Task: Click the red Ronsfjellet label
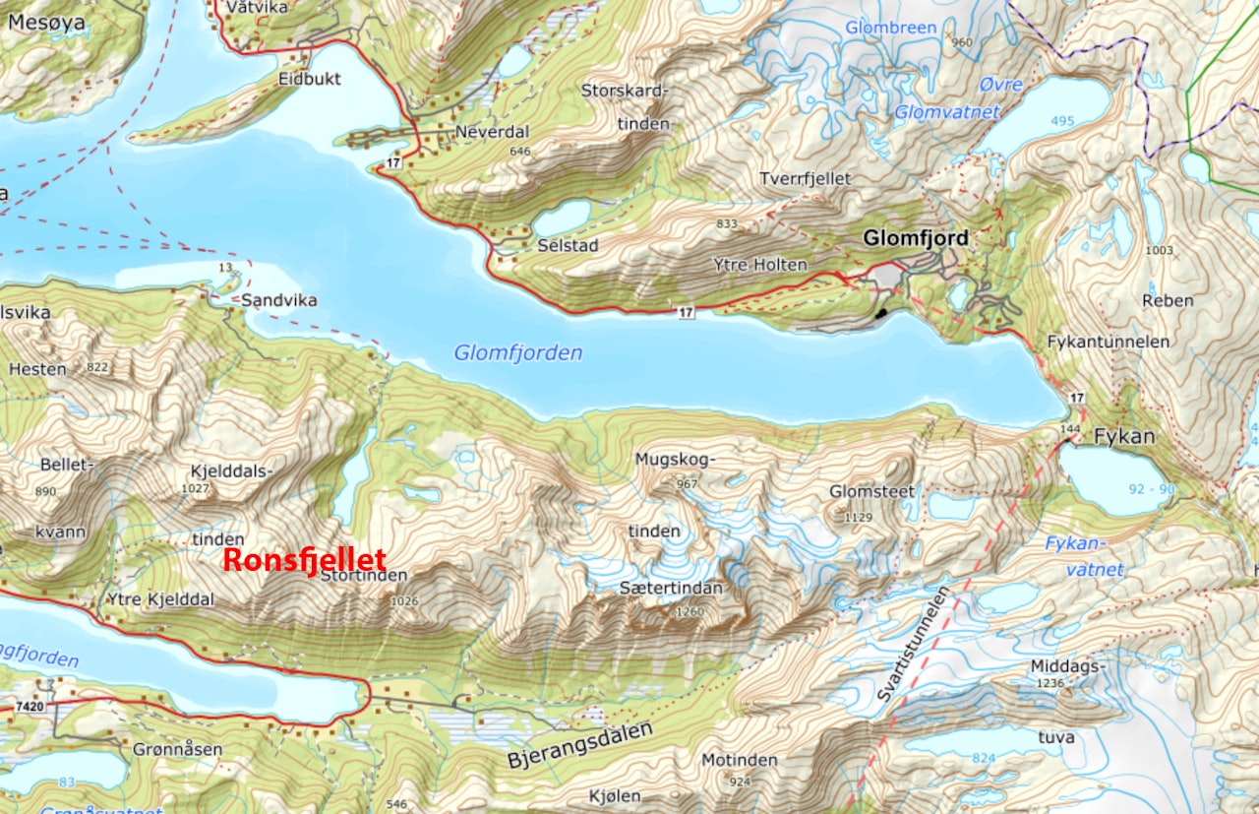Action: pyautogui.click(x=305, y=560)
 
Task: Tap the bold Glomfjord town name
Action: pyautogui.click(x=915, y=237)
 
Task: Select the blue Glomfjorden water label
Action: pyautogui.click(x=517, y=352)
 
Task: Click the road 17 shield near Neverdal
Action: pyautogui.click(x=392, y=161)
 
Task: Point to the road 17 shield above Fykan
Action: pyautogui.click(x=1077, y=398)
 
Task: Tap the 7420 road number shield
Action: pyautogui.click(x=31, y=707)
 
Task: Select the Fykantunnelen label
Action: pyautogui.click(x=1109, y=342)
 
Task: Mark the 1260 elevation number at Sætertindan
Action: pyautogui.click(x=689, y=611)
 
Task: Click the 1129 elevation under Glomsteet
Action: pyautogui.click(x=859, y=516)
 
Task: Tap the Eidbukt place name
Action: pyautogui.click(x=309, y=78)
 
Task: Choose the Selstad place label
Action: pyautogui.click(x=568, y=245)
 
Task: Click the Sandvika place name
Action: pyautogui.click(x=280, y=300)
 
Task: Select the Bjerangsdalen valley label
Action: pyautogui.click(x=580, y=745)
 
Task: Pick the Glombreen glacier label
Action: pyautogui.click(x=891, y=28)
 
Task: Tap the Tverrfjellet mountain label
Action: pyautogui.click(x=806, y=178)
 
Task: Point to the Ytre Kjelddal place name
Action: pyautogui.click(x=159, y=599)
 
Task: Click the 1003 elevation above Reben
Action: pyautogui.click(x=1160, y=250)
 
